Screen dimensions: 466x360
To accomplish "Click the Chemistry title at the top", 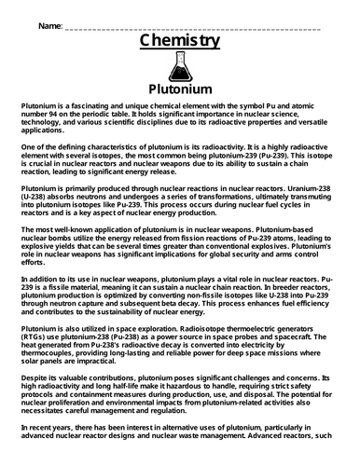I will pos(179,42).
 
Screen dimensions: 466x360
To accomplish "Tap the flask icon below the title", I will pos(180,71).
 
